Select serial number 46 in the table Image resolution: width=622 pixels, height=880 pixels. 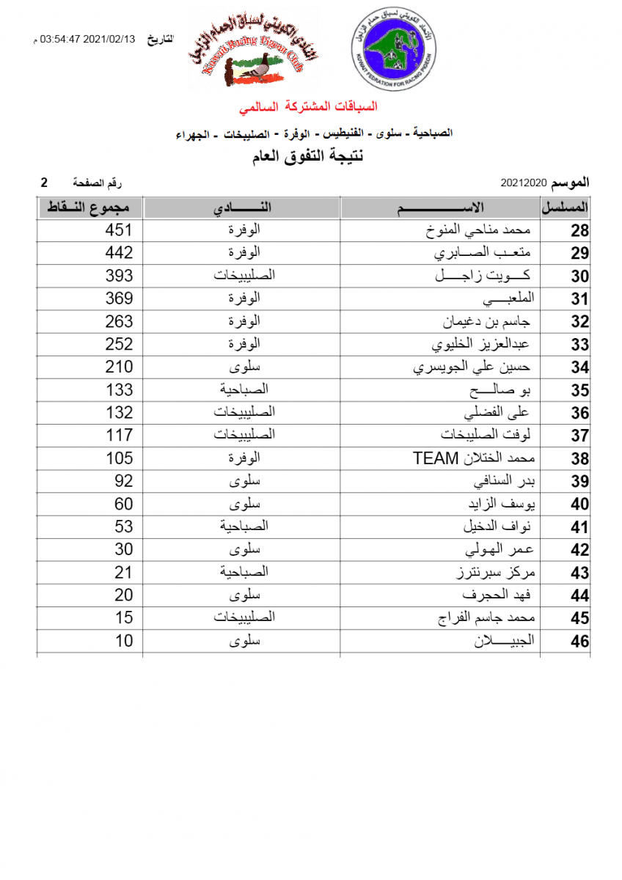(579, 642)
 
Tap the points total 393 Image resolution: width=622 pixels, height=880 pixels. (119, 276)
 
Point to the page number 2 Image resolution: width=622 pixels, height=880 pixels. (44, 182)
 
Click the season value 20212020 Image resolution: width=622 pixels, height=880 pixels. (524, 182)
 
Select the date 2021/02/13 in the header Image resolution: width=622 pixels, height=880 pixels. (110, 40)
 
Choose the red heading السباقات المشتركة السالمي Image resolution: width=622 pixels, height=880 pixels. (309, 107)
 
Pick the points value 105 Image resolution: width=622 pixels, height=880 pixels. (119, 459)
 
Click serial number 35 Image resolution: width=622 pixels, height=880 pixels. (579, 390)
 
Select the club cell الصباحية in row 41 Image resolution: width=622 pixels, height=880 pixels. (244, 527)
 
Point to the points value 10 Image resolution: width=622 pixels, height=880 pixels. (124, 642)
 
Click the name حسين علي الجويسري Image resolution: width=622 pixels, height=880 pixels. (472, 367)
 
